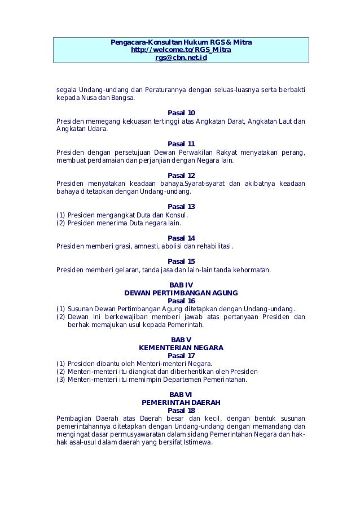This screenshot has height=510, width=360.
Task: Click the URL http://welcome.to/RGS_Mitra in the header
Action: pyautogui.click(x=181, y=50)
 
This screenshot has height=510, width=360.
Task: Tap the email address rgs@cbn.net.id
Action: pyautogui.click(x=181, y=58)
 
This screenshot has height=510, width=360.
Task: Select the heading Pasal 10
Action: pyautogui.click(x=181, y=113)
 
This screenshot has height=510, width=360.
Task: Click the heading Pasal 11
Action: pyautogui.click(x=181, y=144)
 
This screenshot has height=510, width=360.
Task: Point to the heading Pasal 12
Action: pyautogui.click(x=181, y=175)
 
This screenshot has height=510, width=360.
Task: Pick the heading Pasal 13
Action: pyautogui.click(x=181, y=207)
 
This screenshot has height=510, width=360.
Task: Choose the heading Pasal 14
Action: pyautogui.click(x=181, y=238)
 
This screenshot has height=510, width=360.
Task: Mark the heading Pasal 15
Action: pyautogui.click(x=181, y=261)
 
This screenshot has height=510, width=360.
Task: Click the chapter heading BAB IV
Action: pyautogui.click(x=181, y=285)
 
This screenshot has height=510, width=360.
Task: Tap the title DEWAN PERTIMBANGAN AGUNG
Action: pyautogui.click(x=181, y=293)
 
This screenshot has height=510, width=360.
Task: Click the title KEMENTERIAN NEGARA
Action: pyautogui.click(x=181, y=347)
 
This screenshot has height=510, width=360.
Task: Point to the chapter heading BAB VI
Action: pyautogui.click(x=181, y=394)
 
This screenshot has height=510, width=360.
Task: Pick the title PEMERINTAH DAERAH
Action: pyautogui.click(x=181, y=402)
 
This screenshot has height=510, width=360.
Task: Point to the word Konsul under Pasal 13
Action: pyautogui.click(x=177, y=215)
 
